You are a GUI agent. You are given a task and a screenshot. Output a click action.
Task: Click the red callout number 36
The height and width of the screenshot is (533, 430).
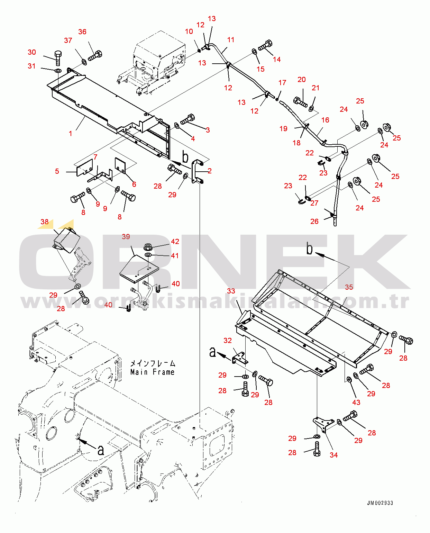tap(82, 32)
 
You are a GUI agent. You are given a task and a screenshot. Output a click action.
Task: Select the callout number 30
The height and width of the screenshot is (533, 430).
tap(32, 52)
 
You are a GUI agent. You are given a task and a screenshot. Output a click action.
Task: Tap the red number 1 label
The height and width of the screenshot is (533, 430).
tap(71, 134)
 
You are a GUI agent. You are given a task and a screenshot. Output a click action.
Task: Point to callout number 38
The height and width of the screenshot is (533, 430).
tap(45, 222)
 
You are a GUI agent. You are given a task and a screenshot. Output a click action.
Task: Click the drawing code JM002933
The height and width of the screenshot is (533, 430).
tap(380, 503)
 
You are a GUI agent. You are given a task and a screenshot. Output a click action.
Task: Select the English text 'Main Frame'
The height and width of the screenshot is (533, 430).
tap(152, 372)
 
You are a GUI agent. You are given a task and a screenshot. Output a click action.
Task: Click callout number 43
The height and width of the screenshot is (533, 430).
tap(356, 402)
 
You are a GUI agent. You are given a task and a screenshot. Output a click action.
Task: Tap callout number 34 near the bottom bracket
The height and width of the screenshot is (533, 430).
tap(333, 455)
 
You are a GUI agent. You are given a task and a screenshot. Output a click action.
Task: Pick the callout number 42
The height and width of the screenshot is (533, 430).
tap(175, 242)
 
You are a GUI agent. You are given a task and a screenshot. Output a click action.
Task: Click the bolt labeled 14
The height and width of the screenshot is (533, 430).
tap(266, 45)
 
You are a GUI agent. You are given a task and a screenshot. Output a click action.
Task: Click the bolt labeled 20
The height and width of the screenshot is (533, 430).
tap(300, 102)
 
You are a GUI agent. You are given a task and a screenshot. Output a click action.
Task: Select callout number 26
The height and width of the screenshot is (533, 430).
tap(314, 222)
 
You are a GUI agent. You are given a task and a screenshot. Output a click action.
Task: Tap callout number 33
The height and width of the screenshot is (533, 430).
tap(231, 291)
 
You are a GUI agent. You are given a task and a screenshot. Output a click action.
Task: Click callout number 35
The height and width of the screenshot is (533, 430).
tap(349, 287)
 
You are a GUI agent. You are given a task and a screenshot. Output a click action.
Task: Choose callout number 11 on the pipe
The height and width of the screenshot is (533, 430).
tap(231, 40)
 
